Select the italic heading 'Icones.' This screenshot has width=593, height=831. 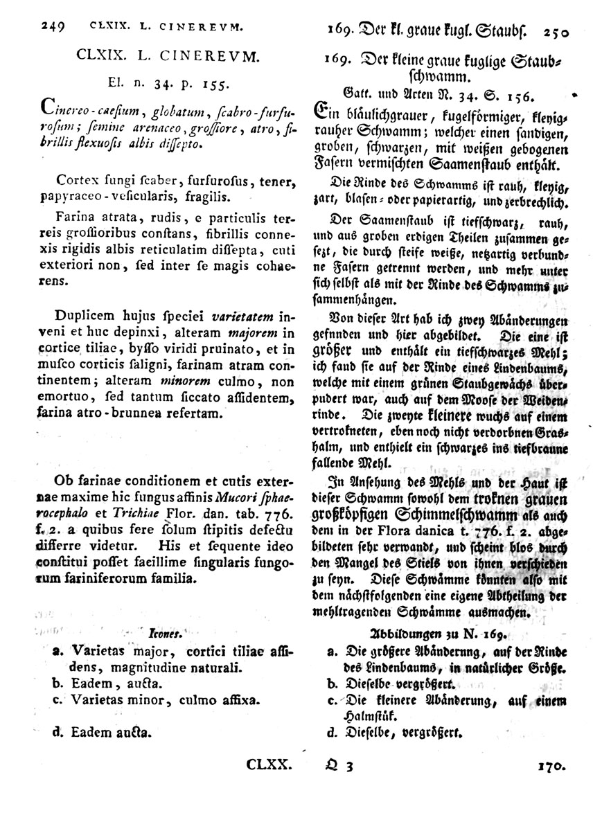pos(165,632)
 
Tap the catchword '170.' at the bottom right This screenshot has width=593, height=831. pos(551,766)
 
